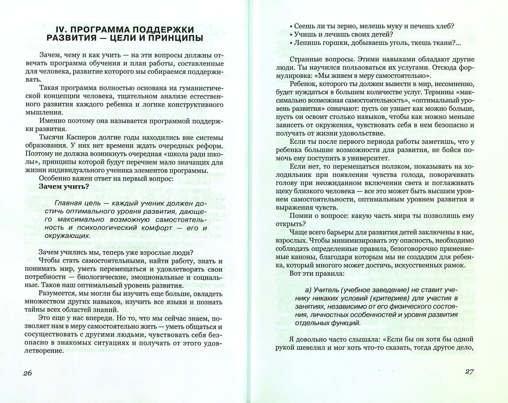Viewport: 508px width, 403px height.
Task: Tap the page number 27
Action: (x=469, y=372)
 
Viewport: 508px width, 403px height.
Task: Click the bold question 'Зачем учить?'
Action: (x=64, y=187)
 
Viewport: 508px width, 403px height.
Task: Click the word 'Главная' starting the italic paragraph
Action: (x=68, y=203)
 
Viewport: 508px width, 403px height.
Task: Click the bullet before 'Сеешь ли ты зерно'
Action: (x=291, y=26)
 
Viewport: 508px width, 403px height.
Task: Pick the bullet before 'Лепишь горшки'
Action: (x=291, y=43)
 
